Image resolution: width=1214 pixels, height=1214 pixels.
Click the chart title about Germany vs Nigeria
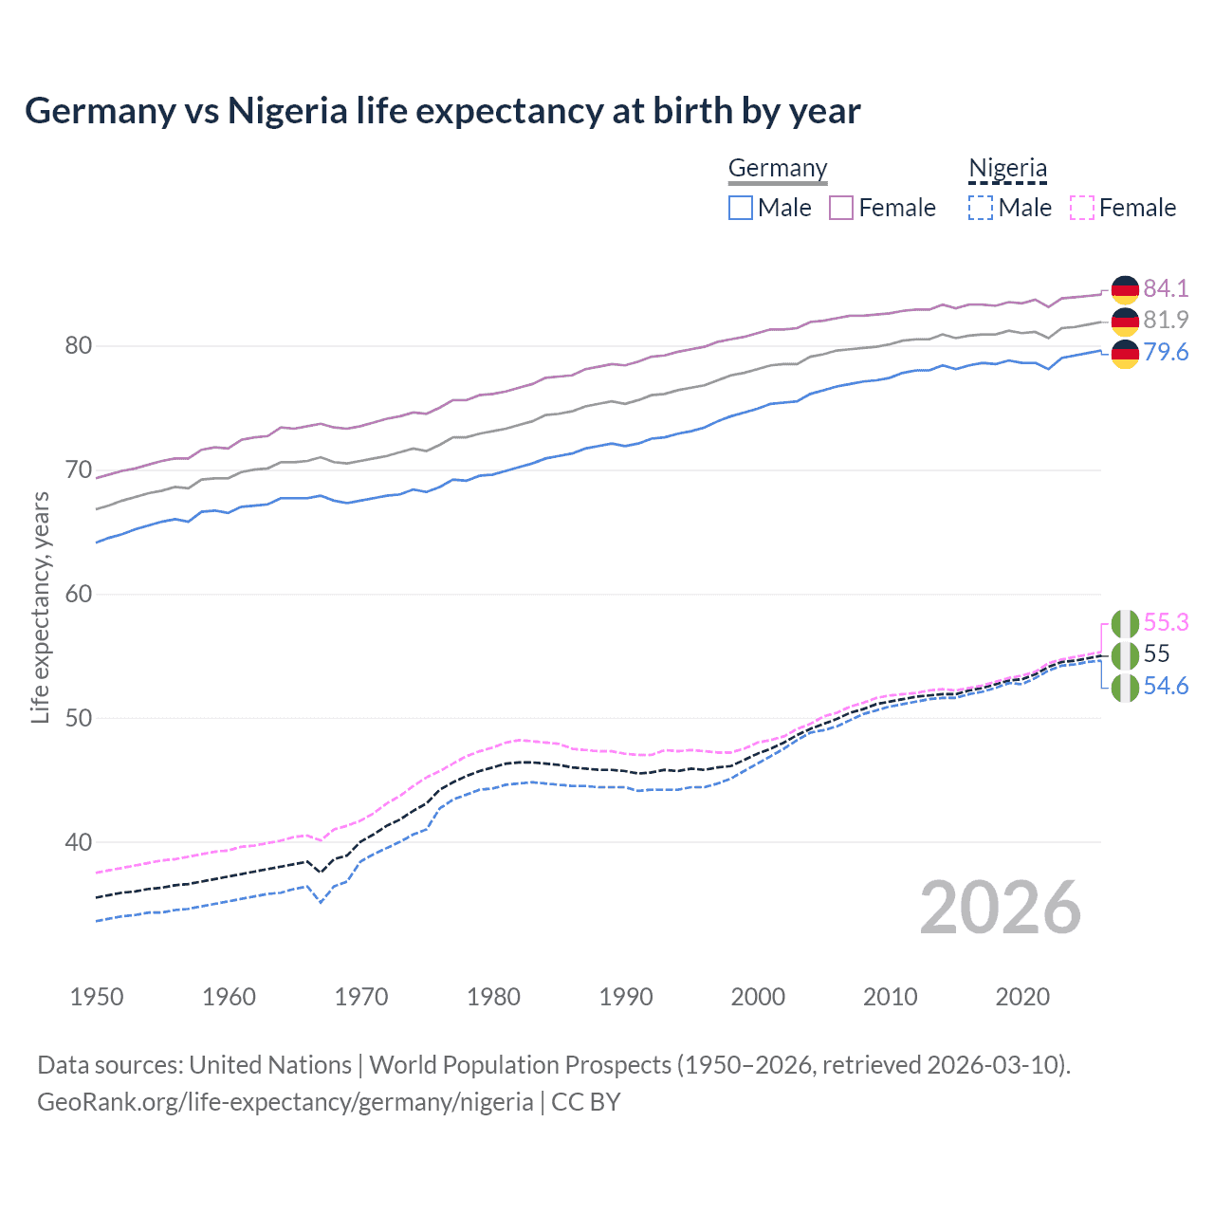click(x=442, y=111)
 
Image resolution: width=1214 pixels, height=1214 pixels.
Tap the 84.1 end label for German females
click(x=1166, y=288)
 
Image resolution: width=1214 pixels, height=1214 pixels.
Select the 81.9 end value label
click(x=1166, y=320)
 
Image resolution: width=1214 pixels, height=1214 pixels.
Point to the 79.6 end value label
click(x=1166, y=352)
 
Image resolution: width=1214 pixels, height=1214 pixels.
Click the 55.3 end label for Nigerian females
click(x=1166, y=622)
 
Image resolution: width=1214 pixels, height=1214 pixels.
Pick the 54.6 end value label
click(x=1166, y=686)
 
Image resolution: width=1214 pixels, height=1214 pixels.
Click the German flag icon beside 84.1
click(x=1125, y=289)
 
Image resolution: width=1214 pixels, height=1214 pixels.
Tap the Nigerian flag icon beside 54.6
click(x=1125, y=688)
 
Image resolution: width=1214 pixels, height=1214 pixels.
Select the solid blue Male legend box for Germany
click(x=741, y=208)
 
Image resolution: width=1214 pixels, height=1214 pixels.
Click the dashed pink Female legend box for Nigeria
click(x=1081, y=208)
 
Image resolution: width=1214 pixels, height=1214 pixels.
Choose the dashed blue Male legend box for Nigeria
click(x=981, y=208)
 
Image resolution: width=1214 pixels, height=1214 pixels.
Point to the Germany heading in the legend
click(x=778, y=168)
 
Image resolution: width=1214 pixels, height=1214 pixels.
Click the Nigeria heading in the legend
click(x=1007, y=168)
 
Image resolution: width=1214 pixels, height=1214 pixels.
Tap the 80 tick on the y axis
click(x=79, y=346)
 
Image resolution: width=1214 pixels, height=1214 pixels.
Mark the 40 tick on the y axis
click(x=79, y=842)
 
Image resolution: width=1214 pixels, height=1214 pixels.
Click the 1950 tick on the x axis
click(x=97, y=997)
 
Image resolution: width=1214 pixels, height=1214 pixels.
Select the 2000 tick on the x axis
click(x=758, y=997)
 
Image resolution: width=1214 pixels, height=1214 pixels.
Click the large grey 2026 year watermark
click(x=1000, y=908)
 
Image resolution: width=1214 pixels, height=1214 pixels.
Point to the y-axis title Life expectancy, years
click(x=41, y=607)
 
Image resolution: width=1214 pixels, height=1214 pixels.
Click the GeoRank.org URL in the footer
click(x=285, y=1102)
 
